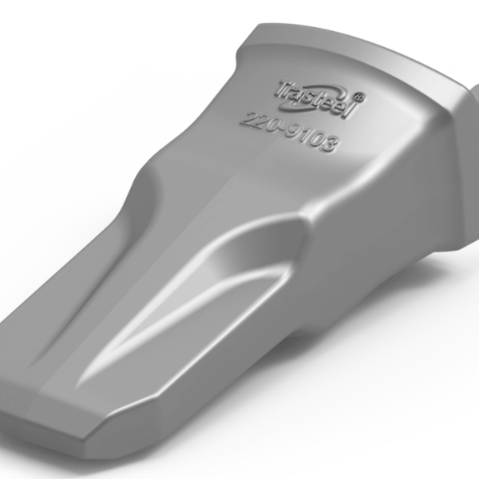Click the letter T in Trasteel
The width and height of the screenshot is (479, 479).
(283, 89)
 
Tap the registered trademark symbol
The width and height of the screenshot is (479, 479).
(359, 97)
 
